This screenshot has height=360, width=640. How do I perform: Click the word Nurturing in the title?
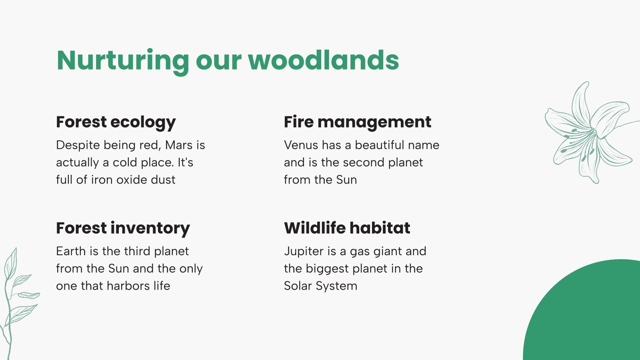(x=122, y=61)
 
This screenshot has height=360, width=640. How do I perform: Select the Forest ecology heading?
(x=116, y=122)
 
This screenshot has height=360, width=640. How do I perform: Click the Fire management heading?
(x=357, y=122)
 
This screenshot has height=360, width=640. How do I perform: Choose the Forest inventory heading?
(x=123, y=228)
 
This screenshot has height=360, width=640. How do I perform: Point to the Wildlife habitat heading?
(x=347, y=228)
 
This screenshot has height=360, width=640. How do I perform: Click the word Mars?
(x=179, y=145)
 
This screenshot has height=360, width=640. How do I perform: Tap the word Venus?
(x=301, y=145)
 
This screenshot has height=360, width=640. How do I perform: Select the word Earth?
(x=71, y=251)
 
